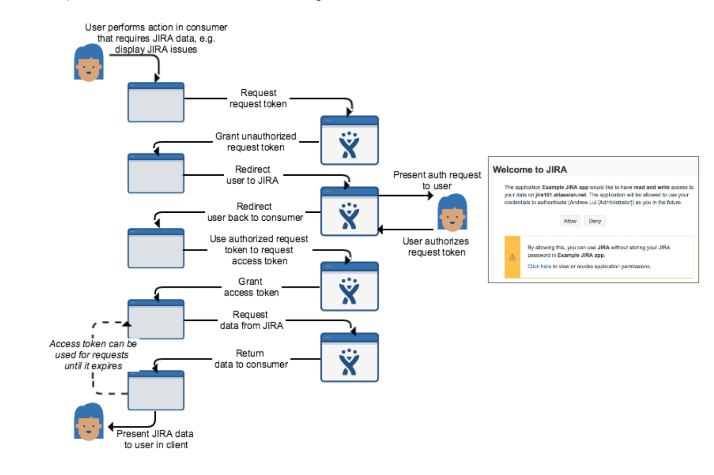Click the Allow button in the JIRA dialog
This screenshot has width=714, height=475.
(x=569, y=221)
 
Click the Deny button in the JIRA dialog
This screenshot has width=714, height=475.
(x=595, y=221)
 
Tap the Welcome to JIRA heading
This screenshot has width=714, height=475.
(x=530, y=170)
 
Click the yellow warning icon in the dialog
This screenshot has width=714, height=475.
(x=512, y=257)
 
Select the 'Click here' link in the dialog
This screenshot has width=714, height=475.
(x=539, y=266)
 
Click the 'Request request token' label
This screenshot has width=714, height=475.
(x=258, y=99)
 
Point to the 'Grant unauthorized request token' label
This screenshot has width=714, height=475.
(x=255, y=142)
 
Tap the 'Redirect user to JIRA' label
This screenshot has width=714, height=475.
(x=253, y=175)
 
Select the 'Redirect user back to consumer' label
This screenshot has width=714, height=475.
(x=255, y=212)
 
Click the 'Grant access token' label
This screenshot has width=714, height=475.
(x=251, y=287)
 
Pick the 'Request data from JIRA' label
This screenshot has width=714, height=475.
(x=252, y=320)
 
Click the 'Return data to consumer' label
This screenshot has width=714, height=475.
(x=251, y=359)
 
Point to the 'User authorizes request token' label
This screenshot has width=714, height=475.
(x=436, y=247)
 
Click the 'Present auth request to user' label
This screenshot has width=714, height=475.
(x=437, y=180)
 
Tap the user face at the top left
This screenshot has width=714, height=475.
(x=88, y=63)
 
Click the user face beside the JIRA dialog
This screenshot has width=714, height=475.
(x=452, y=213)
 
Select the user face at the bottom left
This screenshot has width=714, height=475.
(x=88, y=422)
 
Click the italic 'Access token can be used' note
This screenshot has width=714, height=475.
(x=93, y=355)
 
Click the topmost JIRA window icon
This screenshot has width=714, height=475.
(x=350, y=141)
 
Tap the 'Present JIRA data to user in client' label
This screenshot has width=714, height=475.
(x=155, y=439)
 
